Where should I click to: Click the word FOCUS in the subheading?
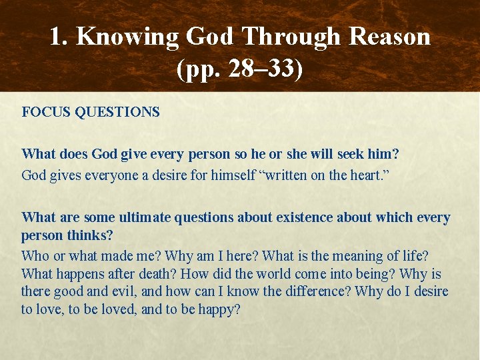pos(46,112)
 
